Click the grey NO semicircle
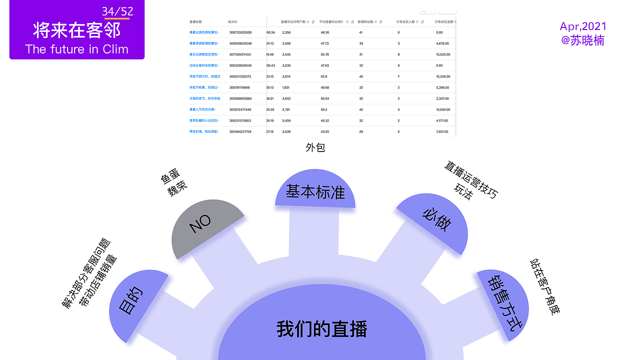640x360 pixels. (x=205, y=227)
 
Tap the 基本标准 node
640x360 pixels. (x=315, y=191)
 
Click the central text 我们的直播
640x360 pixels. (x=321, y=329)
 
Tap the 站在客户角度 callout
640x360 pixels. (x=545, y=287)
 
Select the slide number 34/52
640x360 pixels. (x=117, y=11)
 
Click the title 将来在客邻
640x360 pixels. (x=77, y=30)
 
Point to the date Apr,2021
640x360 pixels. (x=583, y=26)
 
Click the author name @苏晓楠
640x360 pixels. (x=583, y=40)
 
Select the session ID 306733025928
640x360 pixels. (x=240, y=32)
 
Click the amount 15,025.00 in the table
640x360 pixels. (x=443, y=54)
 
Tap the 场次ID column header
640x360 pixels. (x=232, y=22)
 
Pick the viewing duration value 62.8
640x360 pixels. (x=324, y=76)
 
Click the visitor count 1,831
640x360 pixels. (x=286, y=87)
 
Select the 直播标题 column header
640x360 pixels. (x=195, y=22)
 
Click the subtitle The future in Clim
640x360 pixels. (x=77, y=49)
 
